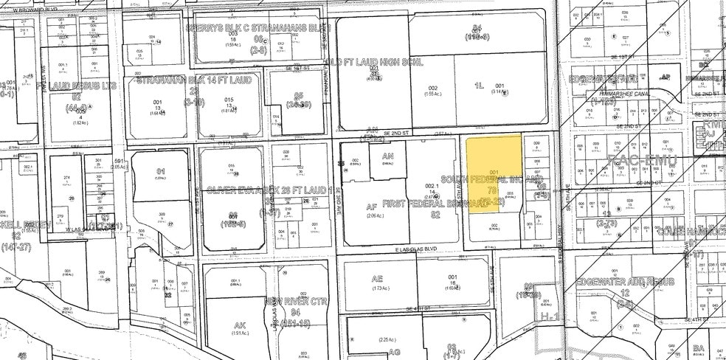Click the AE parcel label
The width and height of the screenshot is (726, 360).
378,279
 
